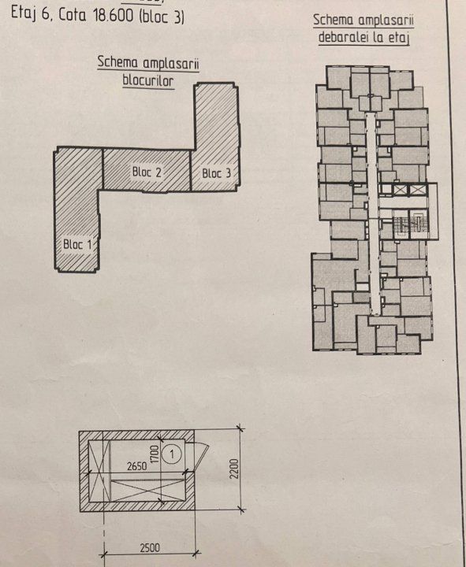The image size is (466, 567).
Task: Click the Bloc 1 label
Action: tap(77, 244)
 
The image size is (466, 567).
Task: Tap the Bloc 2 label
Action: tap(147, 172)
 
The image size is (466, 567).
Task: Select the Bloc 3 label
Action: tap(216, 173)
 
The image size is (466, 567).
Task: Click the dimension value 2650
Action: tap(137, 466)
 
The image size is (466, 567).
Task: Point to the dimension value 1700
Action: tap(155, 455)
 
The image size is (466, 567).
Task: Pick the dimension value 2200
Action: tap(235, 469)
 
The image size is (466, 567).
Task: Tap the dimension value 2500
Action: tap(150, 548)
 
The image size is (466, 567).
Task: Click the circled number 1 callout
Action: tap(172, 454)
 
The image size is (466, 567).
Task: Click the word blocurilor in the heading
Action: tap(148, 80)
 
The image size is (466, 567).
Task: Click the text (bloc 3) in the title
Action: tap(162, 17)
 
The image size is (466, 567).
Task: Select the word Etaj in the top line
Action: tap(24, 13)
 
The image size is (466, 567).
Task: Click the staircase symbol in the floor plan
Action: tap(401, 225)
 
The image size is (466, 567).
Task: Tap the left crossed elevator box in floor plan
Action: tap(398, 190)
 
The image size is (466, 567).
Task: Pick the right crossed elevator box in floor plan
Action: tap(417, 190)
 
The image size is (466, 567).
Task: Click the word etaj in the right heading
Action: tap(399, 37)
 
